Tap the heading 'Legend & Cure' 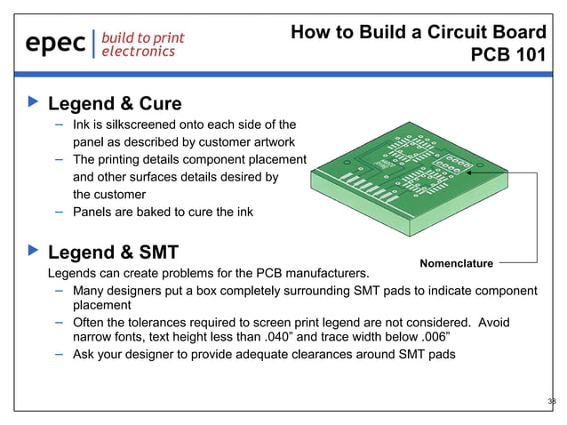(x=114, y=103)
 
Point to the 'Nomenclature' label (x=455, y=262)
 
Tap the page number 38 (x=551, y=402)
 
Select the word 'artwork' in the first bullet (x=284, y=142)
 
